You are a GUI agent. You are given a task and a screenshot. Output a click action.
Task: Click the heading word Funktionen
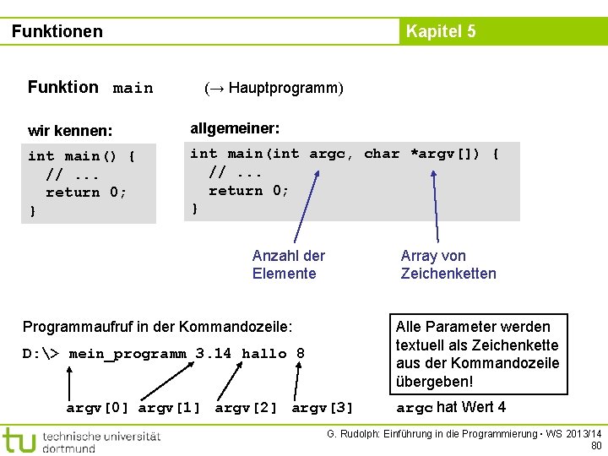(x=57, y=32)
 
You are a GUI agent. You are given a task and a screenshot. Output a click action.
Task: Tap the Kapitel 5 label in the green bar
(x=440, y=32)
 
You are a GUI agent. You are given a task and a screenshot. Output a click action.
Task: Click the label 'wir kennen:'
(x=70, y=131)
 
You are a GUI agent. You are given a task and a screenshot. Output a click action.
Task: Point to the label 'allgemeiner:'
(x=235, y=128)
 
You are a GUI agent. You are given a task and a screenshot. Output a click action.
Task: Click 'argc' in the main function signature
(x=327, y=154)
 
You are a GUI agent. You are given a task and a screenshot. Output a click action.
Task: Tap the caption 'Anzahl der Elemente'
(x=288, y=264)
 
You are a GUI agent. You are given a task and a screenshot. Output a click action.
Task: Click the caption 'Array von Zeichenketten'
(x=448, y=264)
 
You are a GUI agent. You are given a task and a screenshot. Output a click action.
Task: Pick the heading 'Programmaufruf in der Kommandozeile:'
(x=158, y=327)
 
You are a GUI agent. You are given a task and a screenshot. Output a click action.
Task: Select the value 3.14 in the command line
(x=213, y=354)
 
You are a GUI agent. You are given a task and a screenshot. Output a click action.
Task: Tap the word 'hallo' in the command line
(x=263, y=354)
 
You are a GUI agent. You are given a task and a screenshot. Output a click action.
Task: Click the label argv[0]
(x=98, y=409)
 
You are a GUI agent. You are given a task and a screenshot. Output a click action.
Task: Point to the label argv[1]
(x=169, y=409)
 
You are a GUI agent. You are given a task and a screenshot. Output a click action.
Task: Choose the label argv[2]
(x=247, y=409)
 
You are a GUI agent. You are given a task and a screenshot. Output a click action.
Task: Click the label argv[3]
(x=323, y=409)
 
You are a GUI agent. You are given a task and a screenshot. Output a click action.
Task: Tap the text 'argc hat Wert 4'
(x=451, y=408)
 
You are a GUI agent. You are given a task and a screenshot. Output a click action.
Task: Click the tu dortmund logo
(x=80, y=441)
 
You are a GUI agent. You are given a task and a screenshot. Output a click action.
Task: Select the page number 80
(x=596, y=446)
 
